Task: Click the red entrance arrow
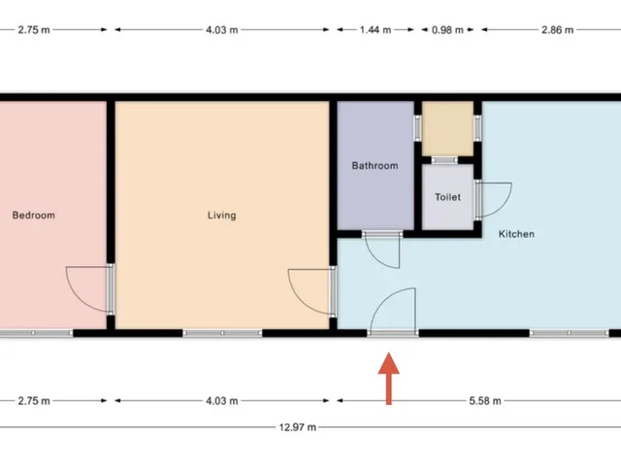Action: pos(388,379)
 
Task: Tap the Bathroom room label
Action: pos(376,166)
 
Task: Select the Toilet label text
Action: pos(448,197)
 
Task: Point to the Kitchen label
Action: pos(516,234)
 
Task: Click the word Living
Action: pos(222,216)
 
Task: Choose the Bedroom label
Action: pos(34,216)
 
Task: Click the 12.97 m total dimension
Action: pos(298,427)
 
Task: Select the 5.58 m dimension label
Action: pos(485,401)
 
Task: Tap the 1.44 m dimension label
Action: pos(376,30)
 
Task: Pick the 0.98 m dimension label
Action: pos(447,30)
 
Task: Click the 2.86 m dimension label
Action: pos(558,30)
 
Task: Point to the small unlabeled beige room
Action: pos(447,128)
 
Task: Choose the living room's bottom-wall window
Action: pos(222,333)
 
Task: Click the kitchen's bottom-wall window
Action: pos(570,333)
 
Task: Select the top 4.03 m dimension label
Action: pos(222,30)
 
